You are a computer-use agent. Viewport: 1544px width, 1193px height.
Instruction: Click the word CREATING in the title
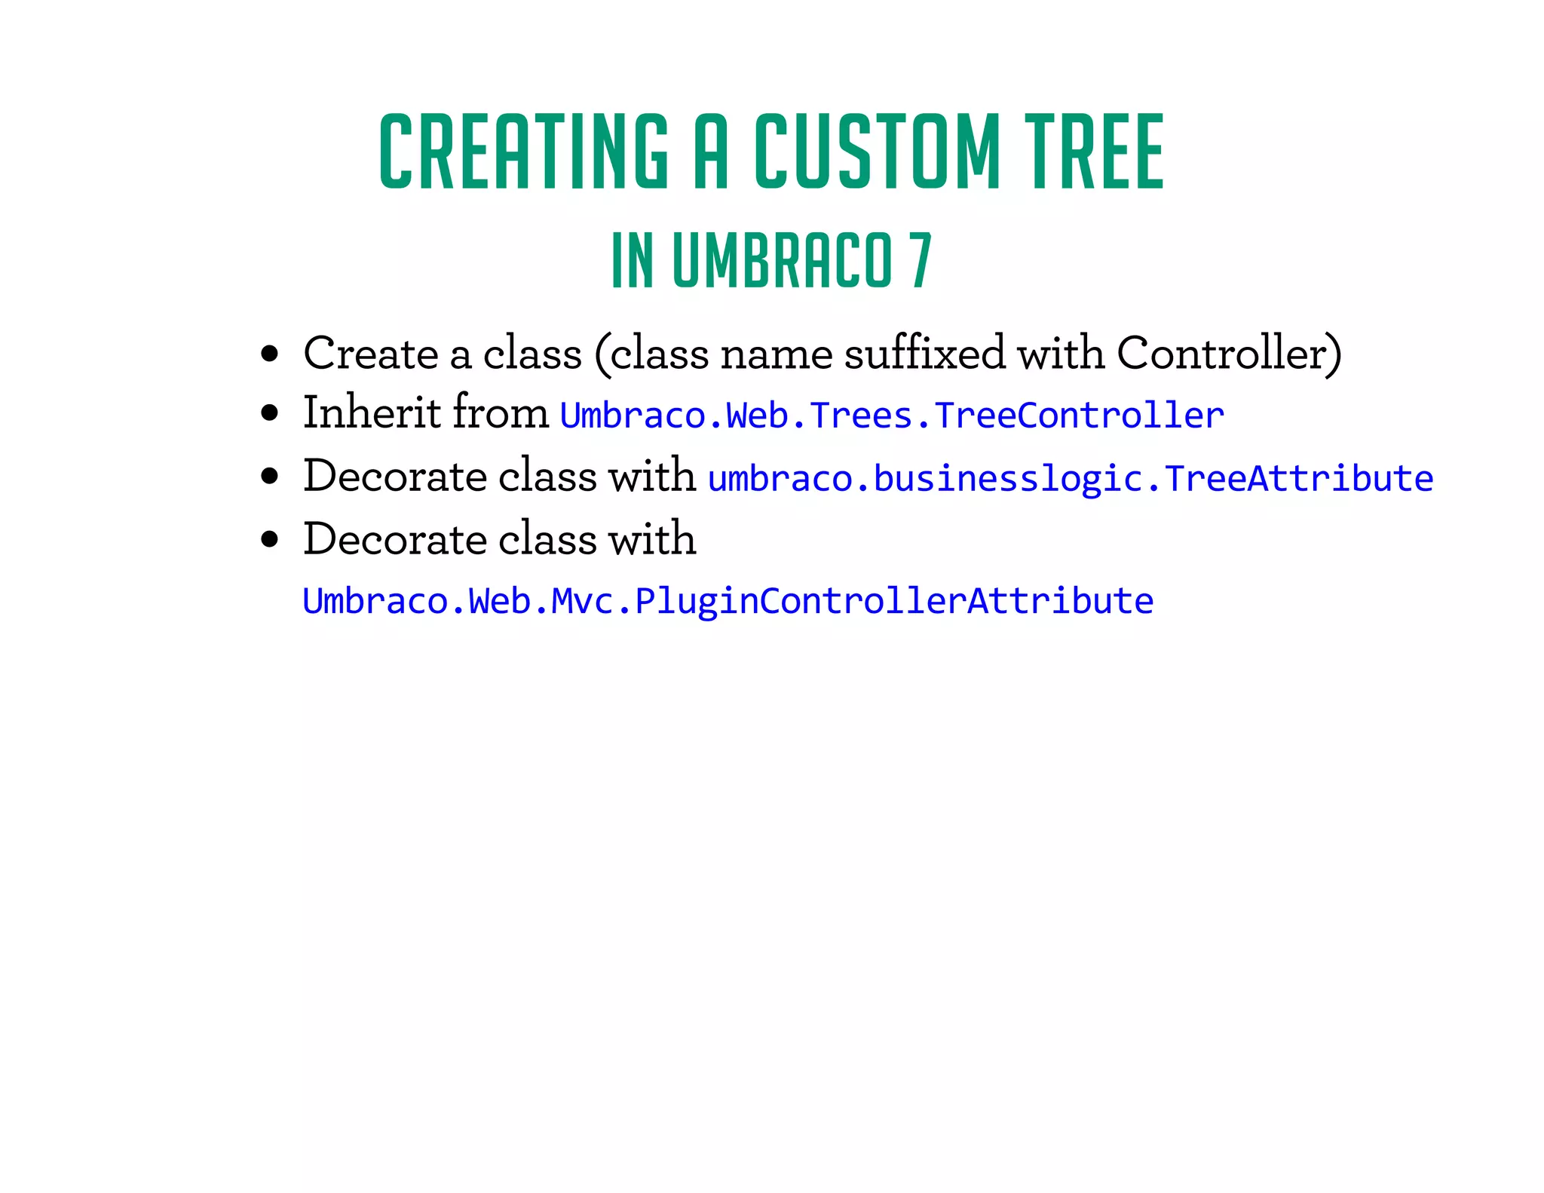tap(523, 152)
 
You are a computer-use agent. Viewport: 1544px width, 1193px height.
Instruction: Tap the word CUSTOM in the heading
tap(877, 152)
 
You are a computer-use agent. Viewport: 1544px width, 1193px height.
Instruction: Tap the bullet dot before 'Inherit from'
tap(269, 414)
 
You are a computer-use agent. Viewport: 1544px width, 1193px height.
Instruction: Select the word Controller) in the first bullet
tap(1229, 353)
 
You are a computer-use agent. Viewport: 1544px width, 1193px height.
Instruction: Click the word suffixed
tap(924, 352)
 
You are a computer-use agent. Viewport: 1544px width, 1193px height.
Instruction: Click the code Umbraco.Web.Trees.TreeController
tap(892, 416)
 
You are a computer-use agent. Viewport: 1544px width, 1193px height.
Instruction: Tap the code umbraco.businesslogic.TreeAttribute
tap(1071, 479)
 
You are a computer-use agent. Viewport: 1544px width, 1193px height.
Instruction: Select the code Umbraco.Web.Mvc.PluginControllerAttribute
tap(728, 601)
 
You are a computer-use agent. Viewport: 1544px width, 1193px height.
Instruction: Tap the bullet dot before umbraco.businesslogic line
tap(269, 477)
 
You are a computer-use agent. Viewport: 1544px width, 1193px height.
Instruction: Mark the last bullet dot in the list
tap(269, 540)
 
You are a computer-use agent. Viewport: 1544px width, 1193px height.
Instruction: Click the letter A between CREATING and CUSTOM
tap(711, 152)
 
